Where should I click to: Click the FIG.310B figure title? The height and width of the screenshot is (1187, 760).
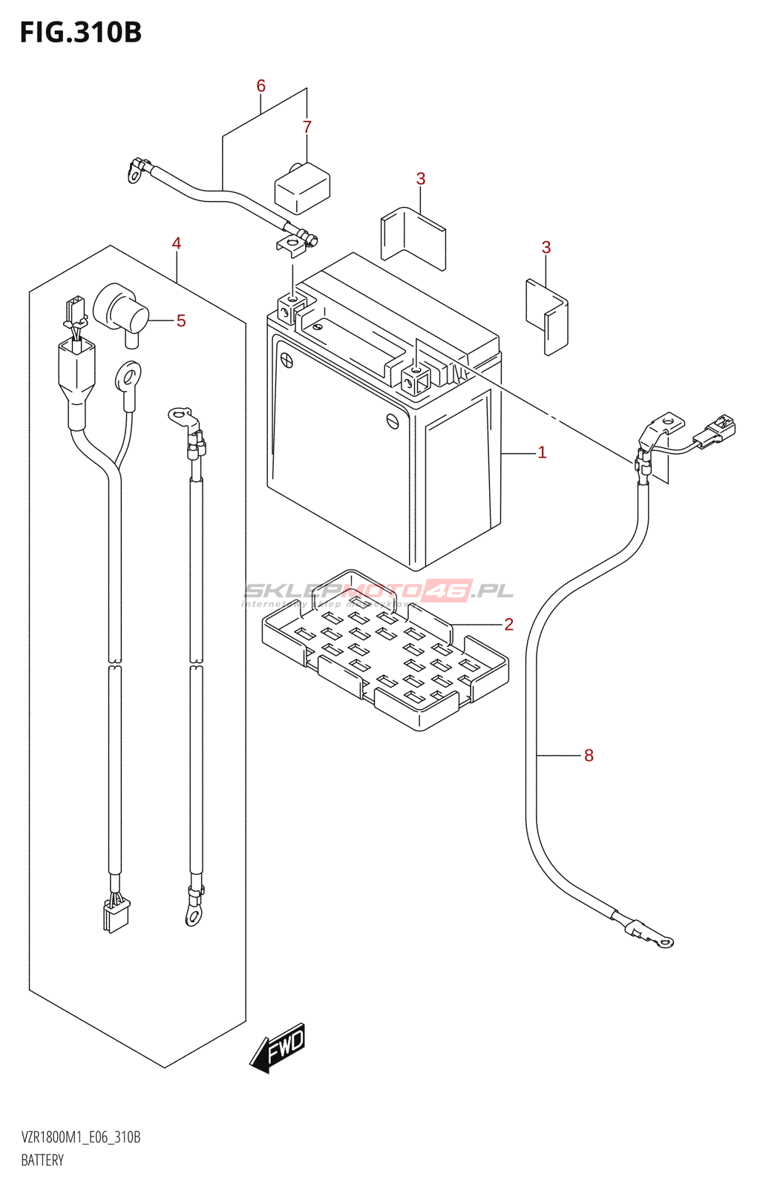pyautogui.click(x=80, y=33)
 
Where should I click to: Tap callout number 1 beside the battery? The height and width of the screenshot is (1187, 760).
pyautogui.click(x=542, y=452)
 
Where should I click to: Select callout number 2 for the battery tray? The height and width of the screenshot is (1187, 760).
pyautogui.click(x=508, y=624)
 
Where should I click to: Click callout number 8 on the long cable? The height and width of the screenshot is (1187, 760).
pyautogui.click(x=589, y=755)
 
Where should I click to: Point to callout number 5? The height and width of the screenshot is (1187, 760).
pyautogui.click(x=181, y=320)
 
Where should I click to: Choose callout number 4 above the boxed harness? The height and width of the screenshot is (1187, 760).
pyautogui.click(x=177, y=243)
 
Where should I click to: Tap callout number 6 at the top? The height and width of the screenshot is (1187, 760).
pyautogui.click(x=261, y=86)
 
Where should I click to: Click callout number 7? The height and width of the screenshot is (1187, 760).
pyautogui.click(x=307, y=127)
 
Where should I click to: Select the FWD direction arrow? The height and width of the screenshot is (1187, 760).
pyautogui.click(x=278, y=1048)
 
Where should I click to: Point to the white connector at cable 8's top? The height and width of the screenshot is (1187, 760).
pyautogui.click(x=715, y=430)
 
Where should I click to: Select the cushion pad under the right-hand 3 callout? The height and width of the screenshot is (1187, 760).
pyautogui.click(x=548, y=316)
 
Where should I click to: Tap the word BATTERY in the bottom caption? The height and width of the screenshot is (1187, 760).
pyautogui.click(x=42, y=1160)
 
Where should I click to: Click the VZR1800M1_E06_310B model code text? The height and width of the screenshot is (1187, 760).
pyautogui.click(x=80, y=1137)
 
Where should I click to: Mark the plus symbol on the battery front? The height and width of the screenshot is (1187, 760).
pyautogui.click(x=286, y=361)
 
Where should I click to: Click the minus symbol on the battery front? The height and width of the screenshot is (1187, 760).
pyautogui.click(x=393, y=421)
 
